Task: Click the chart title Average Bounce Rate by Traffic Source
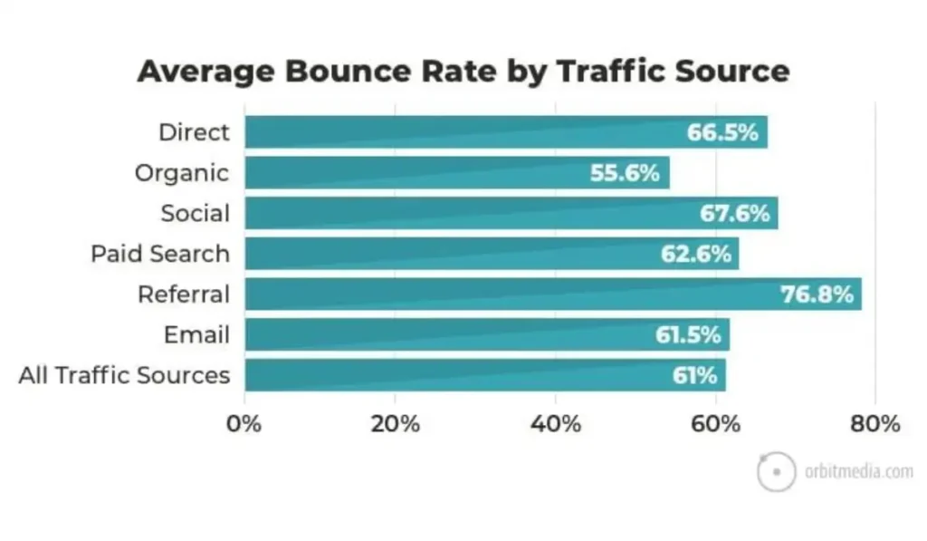pos(463,71)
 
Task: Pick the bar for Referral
pos(507,295)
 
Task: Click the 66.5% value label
pos(722,132)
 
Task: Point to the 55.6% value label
pos(625,172)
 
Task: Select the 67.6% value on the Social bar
pos(734,214)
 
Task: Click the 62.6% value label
pos(695,255)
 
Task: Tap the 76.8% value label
pos(817,295)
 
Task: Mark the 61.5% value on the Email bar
pos(688,335)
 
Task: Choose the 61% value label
pos(694,375)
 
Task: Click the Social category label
pos(195,214)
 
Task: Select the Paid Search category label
pos(160,254)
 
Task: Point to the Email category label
pos(196,335)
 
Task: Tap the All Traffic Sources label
pos(124,375)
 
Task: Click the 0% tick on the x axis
pos(244,423)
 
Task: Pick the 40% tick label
pos(556,423)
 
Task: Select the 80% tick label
pos(875,423)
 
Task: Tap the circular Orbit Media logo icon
pos(776,471)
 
